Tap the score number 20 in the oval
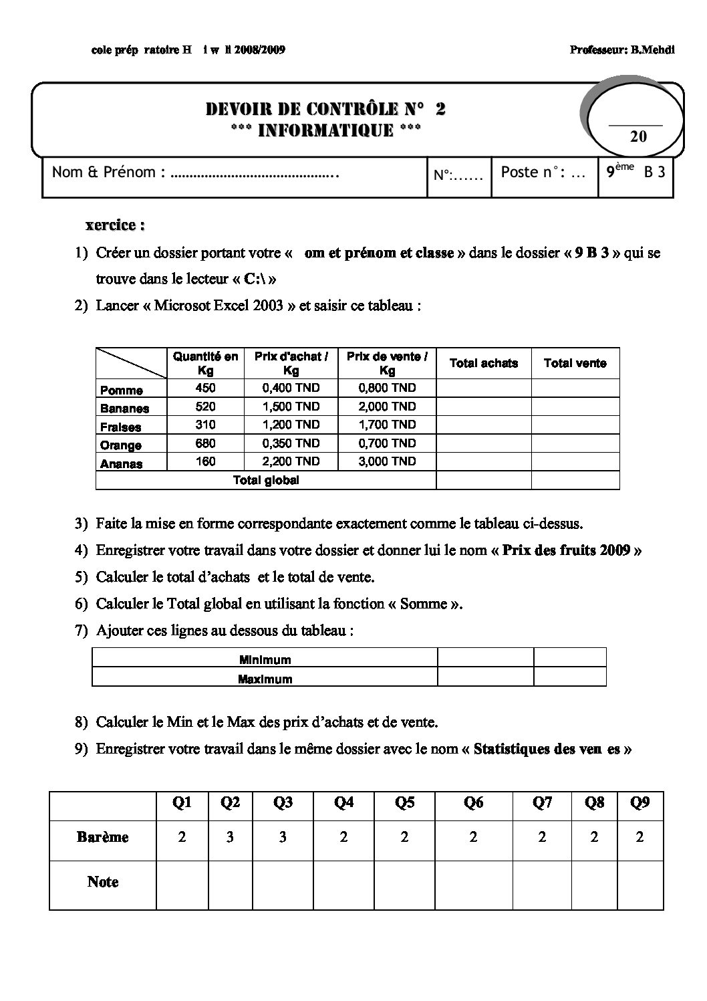point(638,136)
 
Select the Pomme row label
point(122,391)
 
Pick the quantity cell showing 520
point(205,407)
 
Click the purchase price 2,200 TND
point(291,461)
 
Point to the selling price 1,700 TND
point(387,425)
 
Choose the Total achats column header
point(484,363)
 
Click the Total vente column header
point(575,363)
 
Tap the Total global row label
point(266,480)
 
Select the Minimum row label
point(265,660)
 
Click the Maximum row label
point(265,679)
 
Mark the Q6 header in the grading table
point(473,802)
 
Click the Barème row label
point(102,837)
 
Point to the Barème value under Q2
point(230,837)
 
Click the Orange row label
point(121,445)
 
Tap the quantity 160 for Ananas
point(205,461)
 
